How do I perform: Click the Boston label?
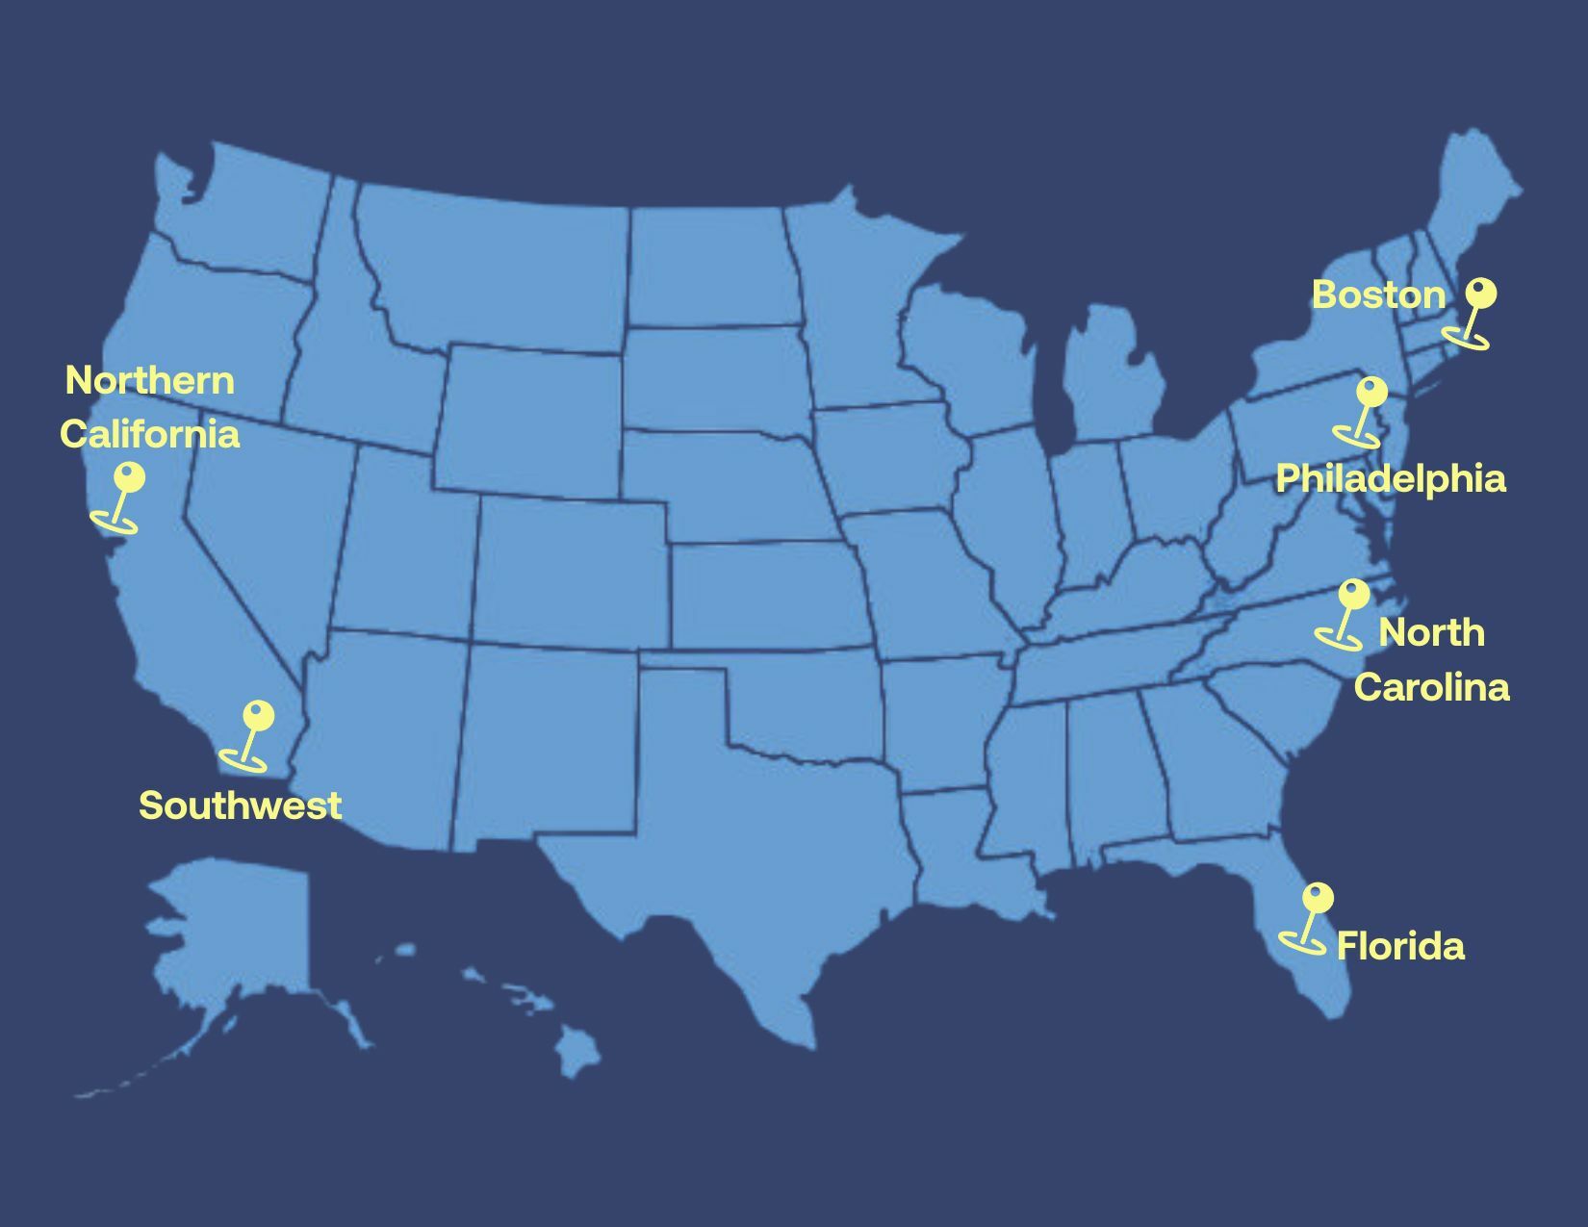pos(1378,294)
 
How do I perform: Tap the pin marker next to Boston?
pos(1473,313)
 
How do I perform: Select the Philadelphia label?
pos(1390,478)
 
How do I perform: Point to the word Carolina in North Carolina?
pos(1431,687)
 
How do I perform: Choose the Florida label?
pos(1400,946)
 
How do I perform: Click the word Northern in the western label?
pos(149,380)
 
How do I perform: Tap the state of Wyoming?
pos(529,419)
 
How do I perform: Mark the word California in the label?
pos(149,433)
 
